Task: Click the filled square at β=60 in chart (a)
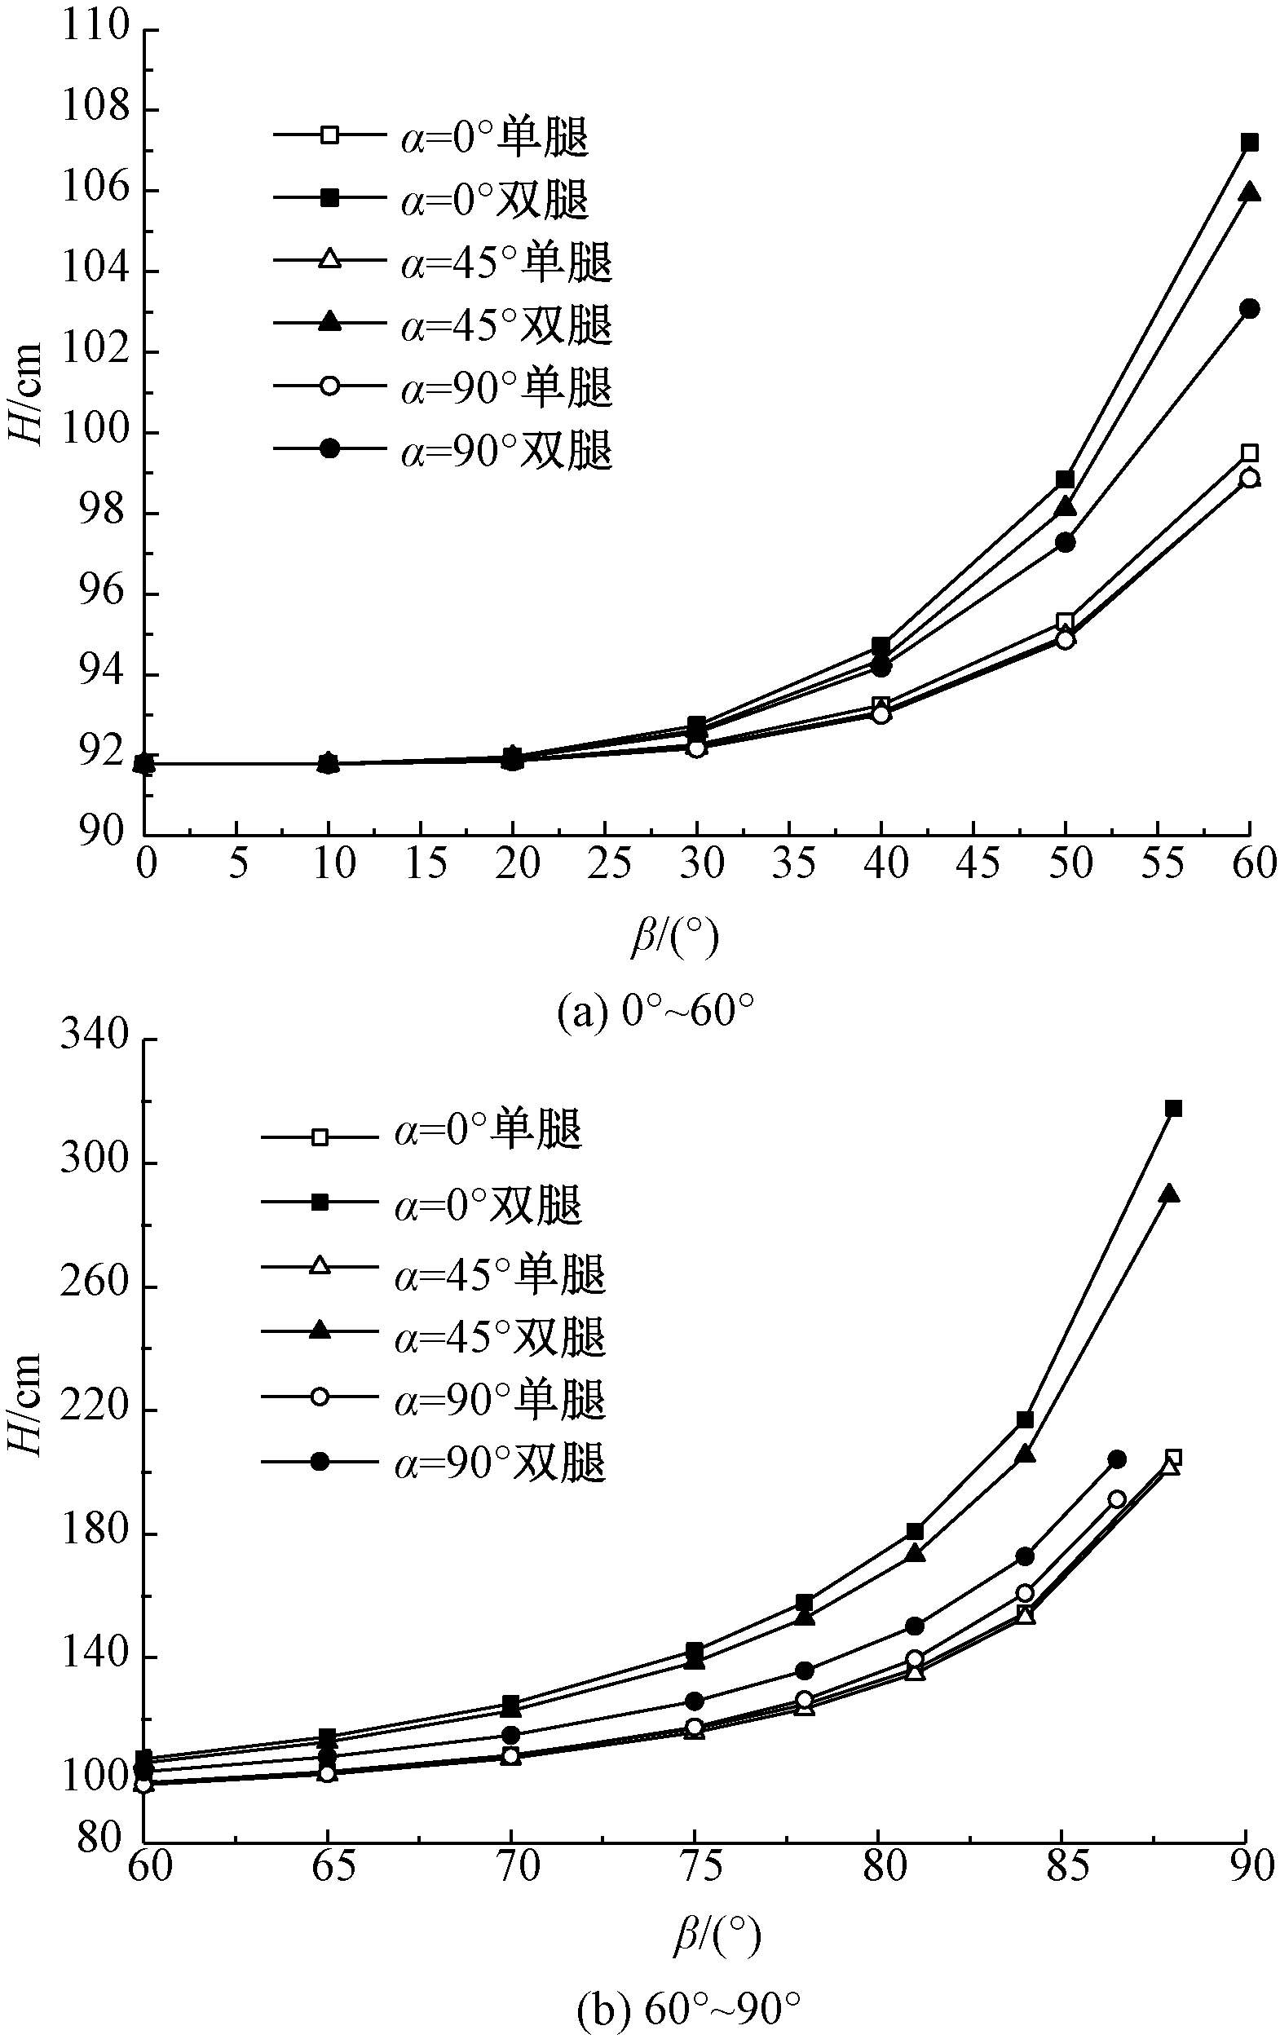point(1249,142)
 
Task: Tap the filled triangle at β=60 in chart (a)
point(1249,193)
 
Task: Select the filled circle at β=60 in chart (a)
point(1249,308)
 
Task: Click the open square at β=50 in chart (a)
point(1065,623)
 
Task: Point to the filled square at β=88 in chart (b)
point(1173,1109)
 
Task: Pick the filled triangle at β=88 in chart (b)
point(1169,1194)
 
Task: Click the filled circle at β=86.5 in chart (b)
point(1118,1459)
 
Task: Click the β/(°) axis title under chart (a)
point(675,938)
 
